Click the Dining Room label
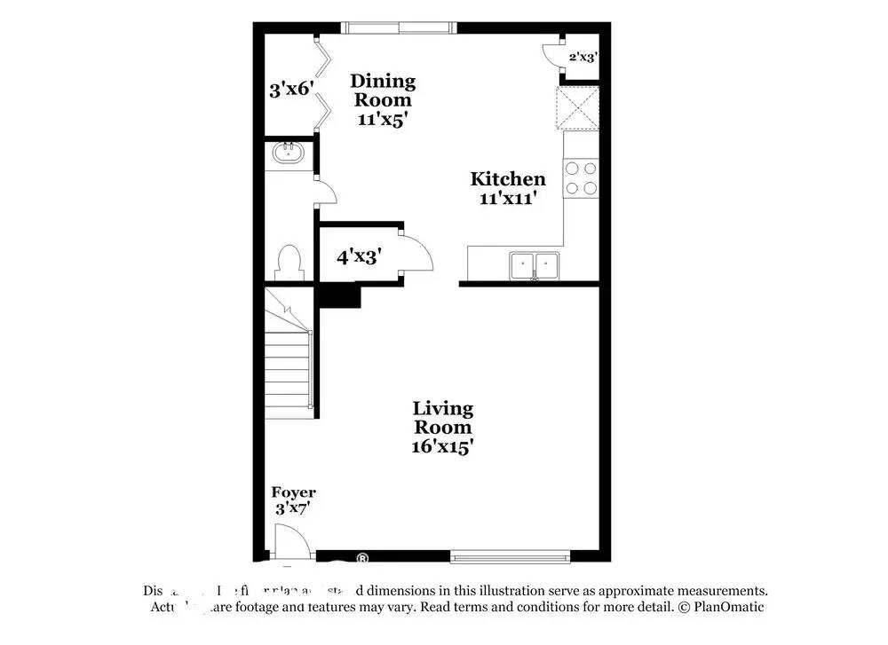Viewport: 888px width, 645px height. (381, 90)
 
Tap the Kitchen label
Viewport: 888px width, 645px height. (507, 179)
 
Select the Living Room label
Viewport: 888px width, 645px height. (442, 418)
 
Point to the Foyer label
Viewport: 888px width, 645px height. (293, 492)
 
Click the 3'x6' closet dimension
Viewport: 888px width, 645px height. (292, 89)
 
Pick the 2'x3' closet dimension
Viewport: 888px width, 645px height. (583, 57)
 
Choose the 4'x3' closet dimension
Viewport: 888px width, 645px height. (359, 257)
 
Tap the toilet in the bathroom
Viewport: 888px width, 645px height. (289, 263)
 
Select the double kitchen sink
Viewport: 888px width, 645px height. (534, 264)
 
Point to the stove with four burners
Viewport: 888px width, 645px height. (581, 177)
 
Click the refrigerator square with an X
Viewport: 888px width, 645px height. (577, 108)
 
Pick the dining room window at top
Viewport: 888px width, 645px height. (400, 28)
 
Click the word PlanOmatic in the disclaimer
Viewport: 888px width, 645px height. (726, 607)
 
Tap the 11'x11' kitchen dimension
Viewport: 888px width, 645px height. (507, 200)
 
